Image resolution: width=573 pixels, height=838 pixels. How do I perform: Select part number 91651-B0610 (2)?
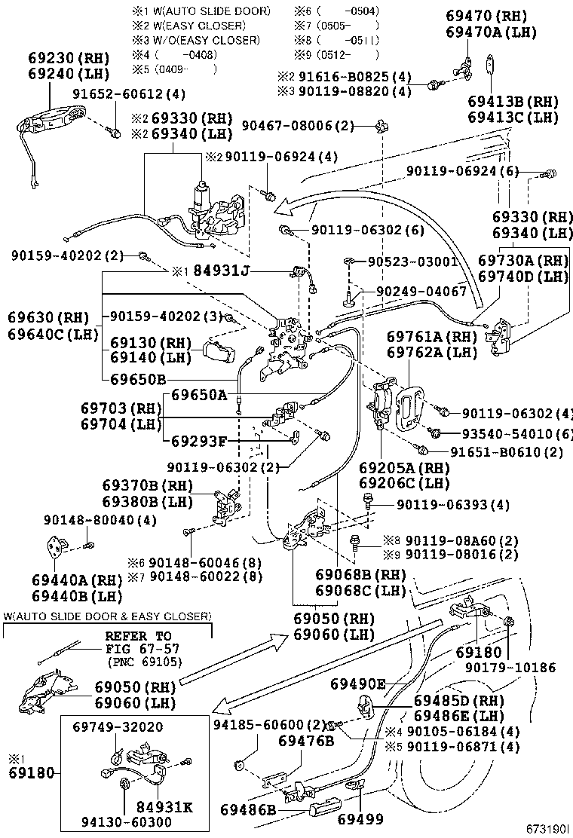(x=507, y=451)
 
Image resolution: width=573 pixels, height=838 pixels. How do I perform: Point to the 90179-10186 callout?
(x=510, y=667)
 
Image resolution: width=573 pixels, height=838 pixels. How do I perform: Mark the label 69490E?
(x=358, y=684)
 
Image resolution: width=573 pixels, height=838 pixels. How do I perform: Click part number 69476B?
(x=305, y=741)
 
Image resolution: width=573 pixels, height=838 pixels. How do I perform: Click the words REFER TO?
(x=137, y=636)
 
